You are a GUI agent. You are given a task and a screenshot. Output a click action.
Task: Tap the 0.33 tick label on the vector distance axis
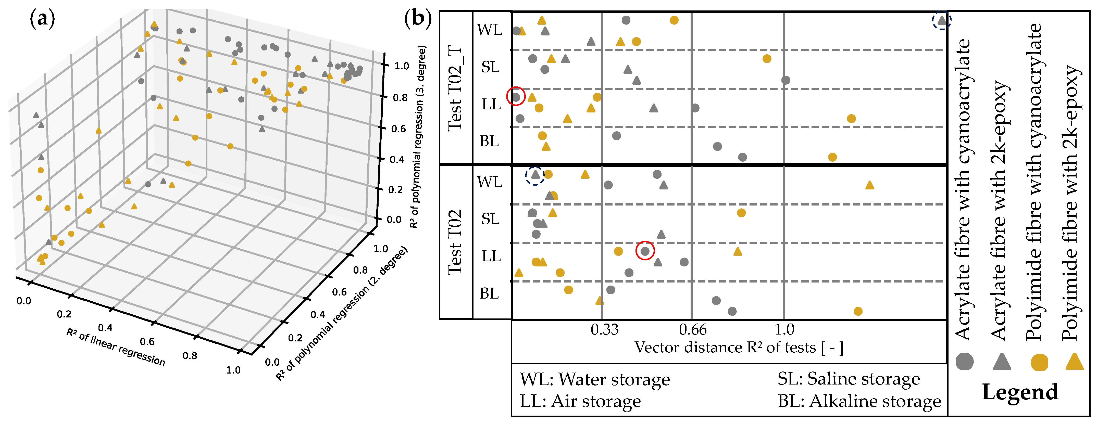(x=604, y=329)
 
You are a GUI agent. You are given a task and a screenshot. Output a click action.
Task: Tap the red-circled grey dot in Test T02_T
(x=516, y=97)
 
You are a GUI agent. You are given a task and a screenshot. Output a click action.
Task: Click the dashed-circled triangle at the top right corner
(x=942, y=20)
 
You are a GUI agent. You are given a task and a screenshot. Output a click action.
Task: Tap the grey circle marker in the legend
(x=965, y=362)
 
